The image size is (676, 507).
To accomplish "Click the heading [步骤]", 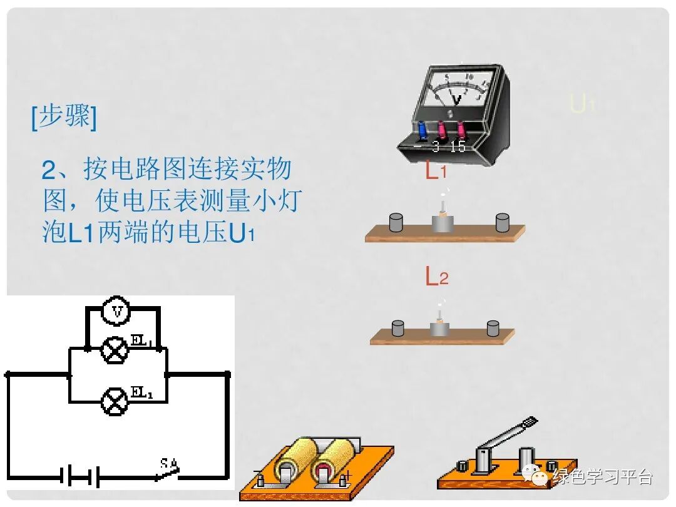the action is pos(64,117).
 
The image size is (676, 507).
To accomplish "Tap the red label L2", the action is pos(437,276).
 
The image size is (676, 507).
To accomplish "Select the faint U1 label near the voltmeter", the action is pos(581,104).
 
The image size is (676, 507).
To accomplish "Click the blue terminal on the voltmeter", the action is pos(423,131).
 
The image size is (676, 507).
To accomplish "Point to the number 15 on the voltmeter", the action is pos(458,146).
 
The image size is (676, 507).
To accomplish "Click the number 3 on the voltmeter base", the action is pos(436,146).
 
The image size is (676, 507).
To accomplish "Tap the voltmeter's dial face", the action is pos(457,88).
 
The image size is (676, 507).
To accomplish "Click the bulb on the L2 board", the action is pos(440,322).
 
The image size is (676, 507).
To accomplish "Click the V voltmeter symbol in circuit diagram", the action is pos(116,310).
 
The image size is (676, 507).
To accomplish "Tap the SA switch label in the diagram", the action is pos(168,464).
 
